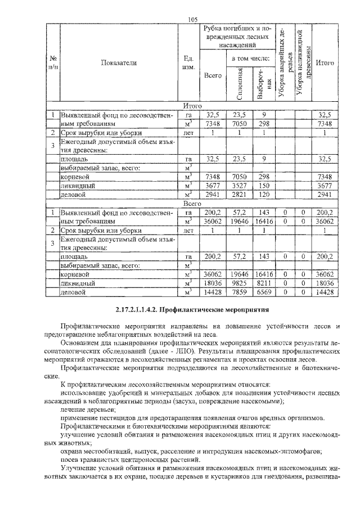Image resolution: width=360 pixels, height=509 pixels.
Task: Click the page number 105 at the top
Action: coord(192,20)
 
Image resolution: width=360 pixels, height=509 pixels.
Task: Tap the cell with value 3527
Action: coord(240,185)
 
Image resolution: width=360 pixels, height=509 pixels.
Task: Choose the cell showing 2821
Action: coord(240,195)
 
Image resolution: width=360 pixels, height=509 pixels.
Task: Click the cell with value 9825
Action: coord(240,283)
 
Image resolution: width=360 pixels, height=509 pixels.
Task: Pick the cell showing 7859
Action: coord(240,292)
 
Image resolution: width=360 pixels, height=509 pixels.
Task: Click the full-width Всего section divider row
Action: coord(192,204)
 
